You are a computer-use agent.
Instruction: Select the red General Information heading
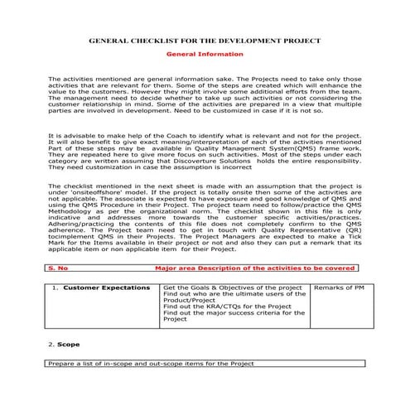[205, 54]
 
